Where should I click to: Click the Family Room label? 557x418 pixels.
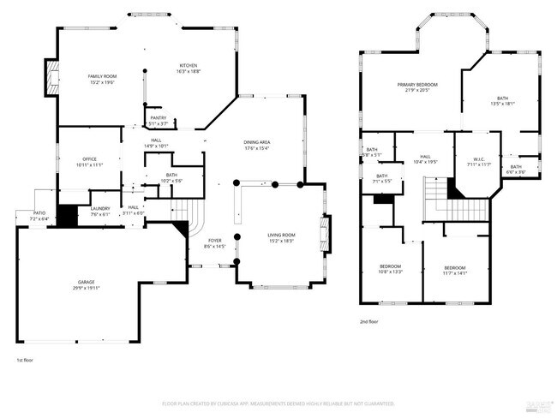pos(101,77)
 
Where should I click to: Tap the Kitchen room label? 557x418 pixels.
pos(189,66)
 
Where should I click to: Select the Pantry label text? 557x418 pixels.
pos(158,118)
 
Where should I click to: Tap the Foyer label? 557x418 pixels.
pos(214,241)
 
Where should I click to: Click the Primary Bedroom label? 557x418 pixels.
pos(417,85)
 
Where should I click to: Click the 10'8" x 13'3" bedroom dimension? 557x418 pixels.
pos(390,272)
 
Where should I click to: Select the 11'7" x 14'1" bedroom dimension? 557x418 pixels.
pos(454,272)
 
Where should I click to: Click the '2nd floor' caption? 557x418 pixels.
pos(370,322)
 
